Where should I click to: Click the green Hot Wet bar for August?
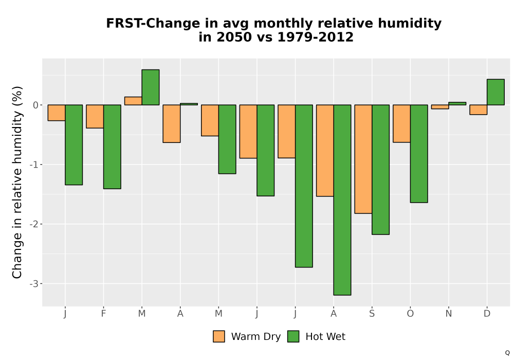(x=342, y=200)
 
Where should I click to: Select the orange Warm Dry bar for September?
(x=363, y=159)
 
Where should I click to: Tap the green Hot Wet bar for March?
(x=151, y=87)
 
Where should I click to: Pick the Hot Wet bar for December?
(x=495, y=92)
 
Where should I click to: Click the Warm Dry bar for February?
(x=95, y=116)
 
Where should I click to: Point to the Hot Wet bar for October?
(x=419, y=154)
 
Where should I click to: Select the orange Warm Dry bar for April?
(x=172, y=123)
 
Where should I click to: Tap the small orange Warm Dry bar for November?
(x=440, y=107)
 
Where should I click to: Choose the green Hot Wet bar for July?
(x=304, y=186)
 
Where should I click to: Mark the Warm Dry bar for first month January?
(x=57, y=113)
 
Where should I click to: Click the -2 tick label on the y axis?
(x=34, y=224)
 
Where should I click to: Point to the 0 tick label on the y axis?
(x=36, y=105)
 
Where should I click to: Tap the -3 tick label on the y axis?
(x=34, y=284)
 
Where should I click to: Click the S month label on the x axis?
(x=372, y=314)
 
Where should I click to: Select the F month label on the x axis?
(x=104, y=314)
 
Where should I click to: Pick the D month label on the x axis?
(x=487, y=314)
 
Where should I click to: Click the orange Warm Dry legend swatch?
(x=219, y=336)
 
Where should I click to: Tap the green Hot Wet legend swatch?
(x=293, y=336)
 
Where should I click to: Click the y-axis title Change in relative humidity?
(x=17, y=182)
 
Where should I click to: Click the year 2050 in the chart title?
(x=234, y=37)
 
